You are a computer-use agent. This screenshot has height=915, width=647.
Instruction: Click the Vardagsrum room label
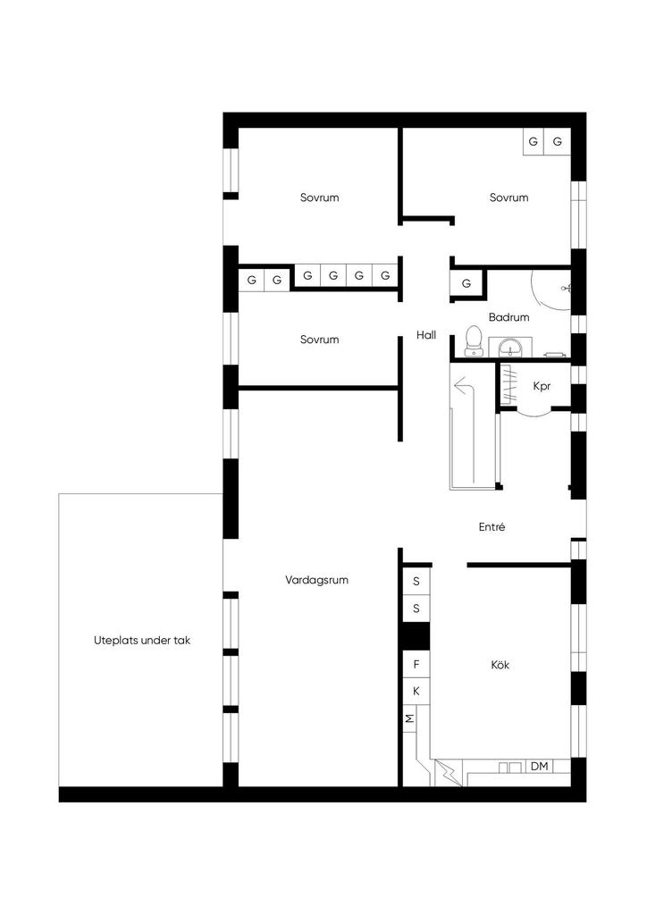[x=316, y=580]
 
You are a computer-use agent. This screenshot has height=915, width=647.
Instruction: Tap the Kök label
[x=500, y=665]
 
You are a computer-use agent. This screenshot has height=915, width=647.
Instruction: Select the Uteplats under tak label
[x=142, y=640]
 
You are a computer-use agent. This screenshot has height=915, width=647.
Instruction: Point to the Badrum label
[x=508, y=317]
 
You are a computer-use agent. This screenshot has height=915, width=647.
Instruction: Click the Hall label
[x=426, y=335]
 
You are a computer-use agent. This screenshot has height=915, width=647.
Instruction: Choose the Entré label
[x=492, y=527]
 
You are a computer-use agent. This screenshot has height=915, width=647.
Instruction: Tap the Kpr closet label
[x=542, y=386]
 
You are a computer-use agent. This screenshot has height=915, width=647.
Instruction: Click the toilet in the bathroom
[x=473, y=340]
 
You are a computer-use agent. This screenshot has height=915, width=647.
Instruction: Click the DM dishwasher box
[x=540, y=766]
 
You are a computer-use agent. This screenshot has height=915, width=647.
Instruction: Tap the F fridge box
[x=416, y=664]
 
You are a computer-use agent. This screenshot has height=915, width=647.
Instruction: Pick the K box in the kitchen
[x=416, y=691]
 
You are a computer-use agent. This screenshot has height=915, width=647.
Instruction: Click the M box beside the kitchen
[x=410, y=718]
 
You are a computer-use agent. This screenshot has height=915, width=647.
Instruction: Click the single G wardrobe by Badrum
[x=466, y=283]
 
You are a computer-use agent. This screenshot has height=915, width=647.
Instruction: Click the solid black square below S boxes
[x=416, y=636]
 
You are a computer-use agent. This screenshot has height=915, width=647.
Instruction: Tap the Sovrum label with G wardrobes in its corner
[x=508, y=197]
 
